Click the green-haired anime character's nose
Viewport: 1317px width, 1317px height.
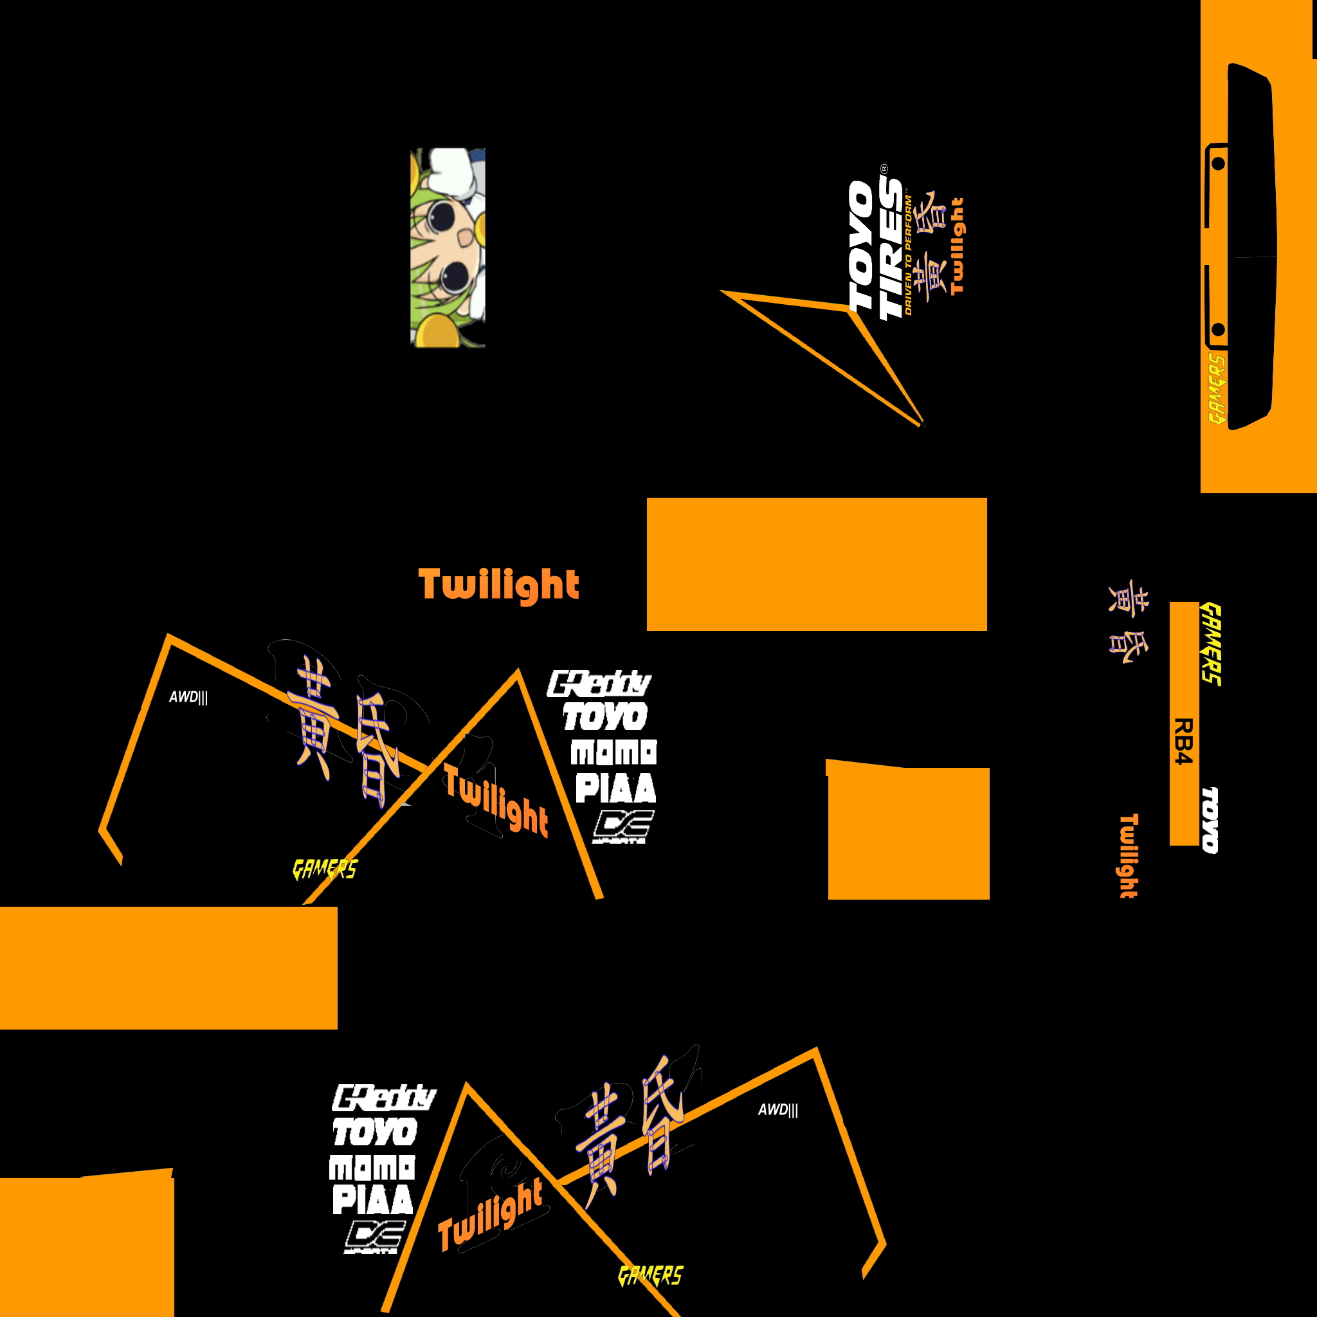tap(464, 238)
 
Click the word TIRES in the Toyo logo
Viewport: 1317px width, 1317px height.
tap(890, 250)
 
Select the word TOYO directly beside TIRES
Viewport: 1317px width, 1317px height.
tap(861, 246)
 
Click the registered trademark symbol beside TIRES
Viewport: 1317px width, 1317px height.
tap(884, 168)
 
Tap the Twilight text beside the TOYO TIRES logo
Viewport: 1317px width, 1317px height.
tap(958, 246)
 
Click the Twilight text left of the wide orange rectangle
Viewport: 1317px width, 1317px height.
tap(498, 585)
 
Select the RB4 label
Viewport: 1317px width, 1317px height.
tap(1183, 741)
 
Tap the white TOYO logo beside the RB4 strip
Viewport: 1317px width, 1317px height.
tap(1210, 819)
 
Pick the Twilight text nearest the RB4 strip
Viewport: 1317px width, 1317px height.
tap(1129, 855)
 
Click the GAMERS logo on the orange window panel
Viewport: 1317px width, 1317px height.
tap(1216, 389)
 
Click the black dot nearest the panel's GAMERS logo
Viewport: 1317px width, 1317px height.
tap(1218, 331)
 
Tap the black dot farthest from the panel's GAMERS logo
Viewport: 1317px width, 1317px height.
tap(1218, 163)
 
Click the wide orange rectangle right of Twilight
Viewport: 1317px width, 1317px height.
tap(817, 564)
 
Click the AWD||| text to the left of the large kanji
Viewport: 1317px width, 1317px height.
tap(188, 697)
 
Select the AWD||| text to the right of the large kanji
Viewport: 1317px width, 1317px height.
tap(778, 1110)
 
